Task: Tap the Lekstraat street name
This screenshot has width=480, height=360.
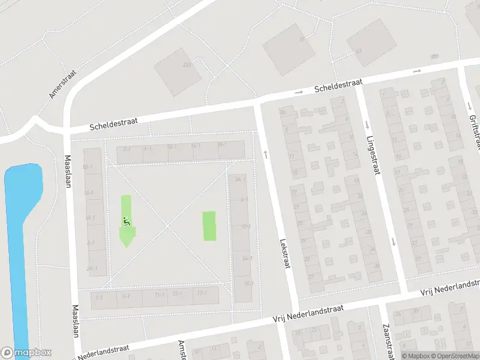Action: tap(284, 254)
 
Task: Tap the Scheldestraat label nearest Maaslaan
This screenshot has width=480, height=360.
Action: tap(113, 124)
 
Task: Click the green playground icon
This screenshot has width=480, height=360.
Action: tap(126, 221)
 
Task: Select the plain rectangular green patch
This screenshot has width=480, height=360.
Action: tap(209, 226)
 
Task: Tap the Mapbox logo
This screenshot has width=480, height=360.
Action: tap(26, 353)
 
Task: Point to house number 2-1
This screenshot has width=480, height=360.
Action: tap(127, 148)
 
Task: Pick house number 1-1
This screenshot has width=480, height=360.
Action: tap(99, 298)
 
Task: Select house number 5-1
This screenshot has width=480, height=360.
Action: tap(126, 296)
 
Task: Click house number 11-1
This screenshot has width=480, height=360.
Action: tap(160, 295)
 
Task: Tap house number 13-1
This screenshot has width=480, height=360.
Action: tap(177, 294)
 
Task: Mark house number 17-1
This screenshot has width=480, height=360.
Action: tap(202, 293)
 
